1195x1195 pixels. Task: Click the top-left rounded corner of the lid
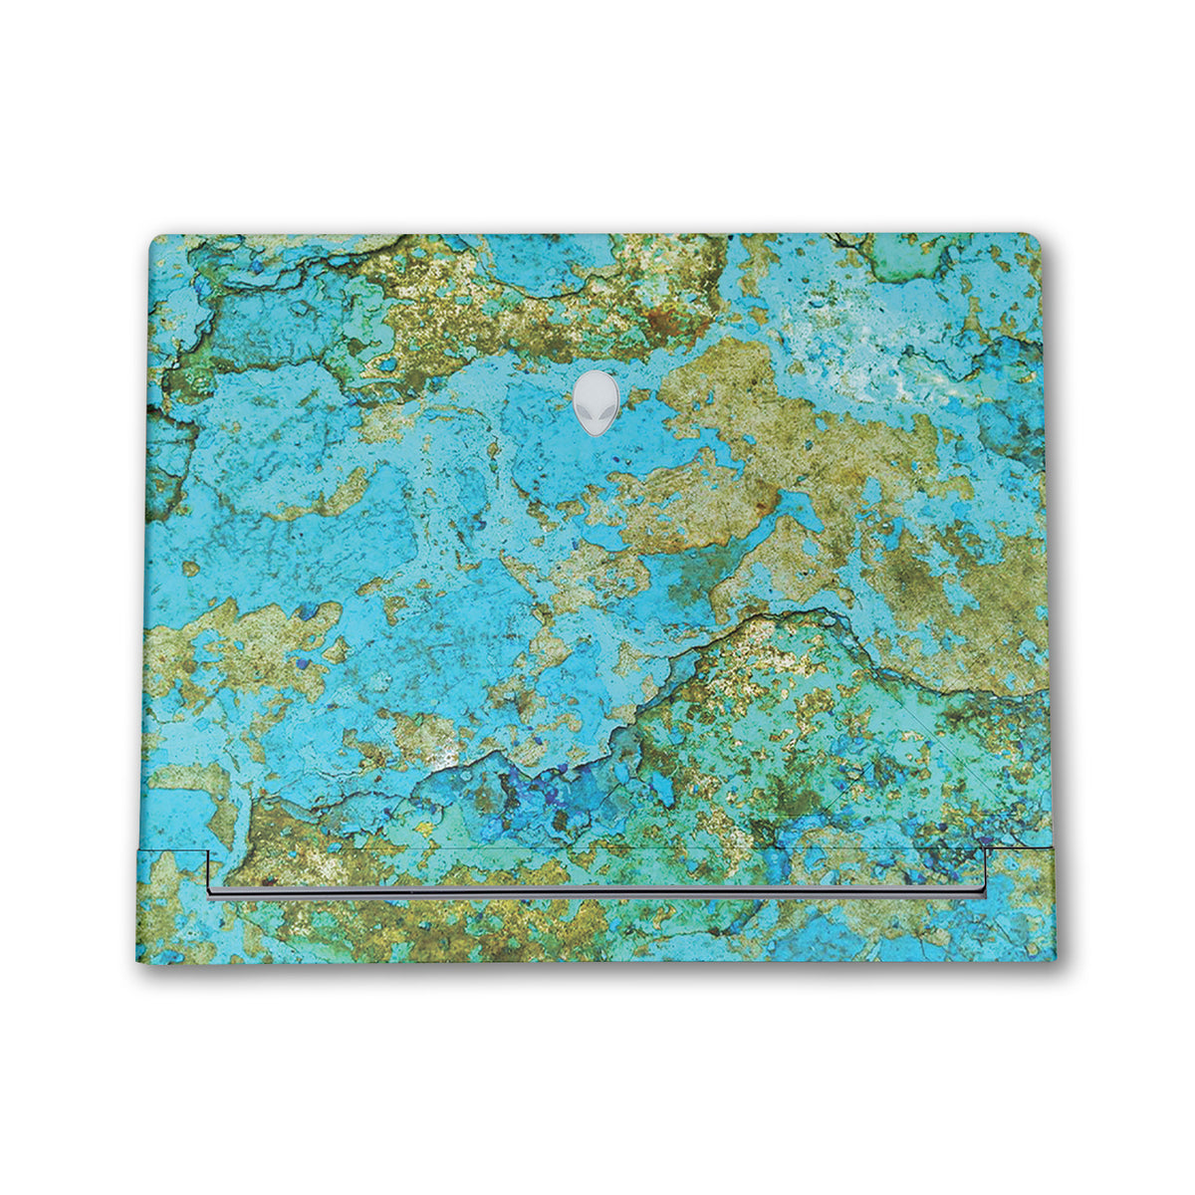click(154, 240)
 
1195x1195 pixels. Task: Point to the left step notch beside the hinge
click(207, 851)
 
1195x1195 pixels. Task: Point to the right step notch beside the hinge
click(988, 851)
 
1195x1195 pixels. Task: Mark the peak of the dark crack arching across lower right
click(797, 612)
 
